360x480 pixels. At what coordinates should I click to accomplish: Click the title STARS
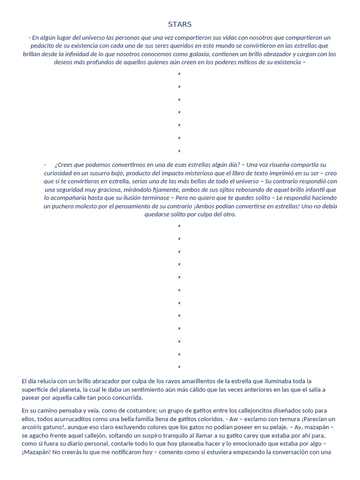point(180,24)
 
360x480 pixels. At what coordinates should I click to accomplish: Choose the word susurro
point(90,173)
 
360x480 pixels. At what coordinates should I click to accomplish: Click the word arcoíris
point(34,427)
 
